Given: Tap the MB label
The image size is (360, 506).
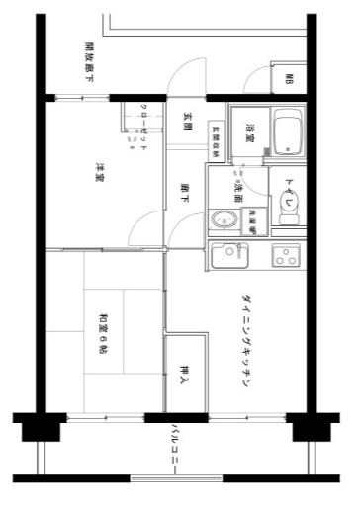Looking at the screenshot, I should tap(289, 79).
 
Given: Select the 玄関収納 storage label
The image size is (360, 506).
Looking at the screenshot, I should tap(215, 139).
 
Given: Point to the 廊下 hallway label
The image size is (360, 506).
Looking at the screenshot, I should tap(185, 193).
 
